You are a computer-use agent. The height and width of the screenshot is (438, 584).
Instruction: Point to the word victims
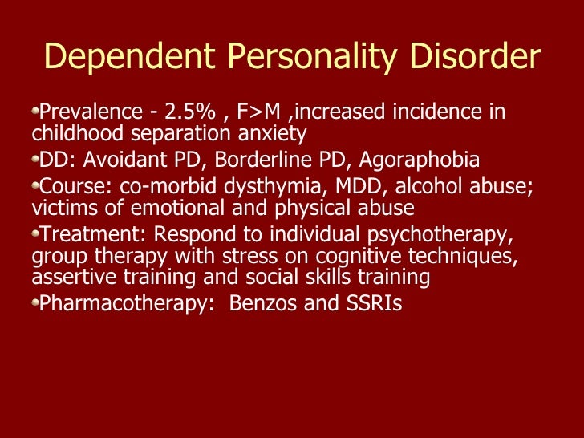(x=62, y=208)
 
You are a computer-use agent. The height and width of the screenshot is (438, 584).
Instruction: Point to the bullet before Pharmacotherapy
(x=35, y=302)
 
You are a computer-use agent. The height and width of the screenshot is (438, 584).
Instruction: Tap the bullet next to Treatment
(x=35, y=233)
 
